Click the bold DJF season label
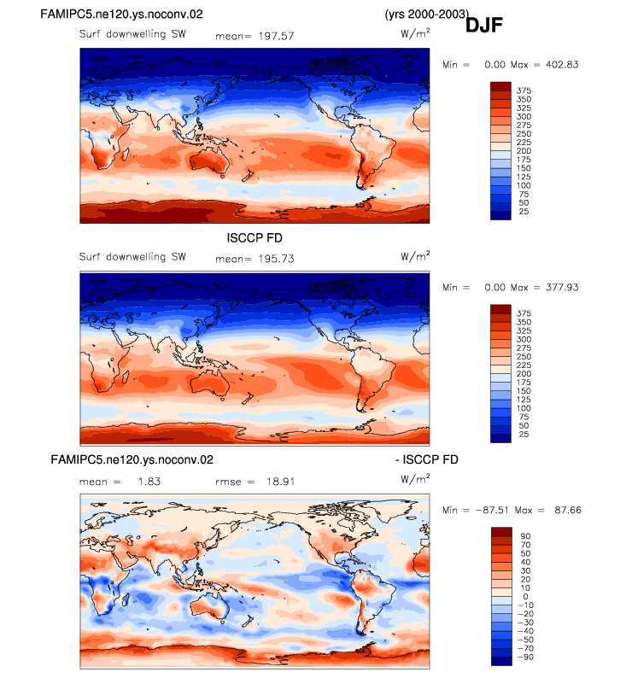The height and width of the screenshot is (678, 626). pyautogui.click(x=483, y=25)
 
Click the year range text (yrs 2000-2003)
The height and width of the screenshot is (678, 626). pyautogui.click(x=427, y=14)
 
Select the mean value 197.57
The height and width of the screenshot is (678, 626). pyautogui.click(x=276, y=36)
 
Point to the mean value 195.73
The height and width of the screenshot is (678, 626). pyautogui.click(x=276, y=259)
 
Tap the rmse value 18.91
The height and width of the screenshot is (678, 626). pyautogui.click(x=281, y=482)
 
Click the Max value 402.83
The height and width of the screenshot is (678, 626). pyautogui.click(x=562, y=64)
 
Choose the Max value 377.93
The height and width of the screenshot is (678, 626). pyautogui.click(x=562, y=287)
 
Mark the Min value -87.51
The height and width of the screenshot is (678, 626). pyautogui.click(x=492, y=511)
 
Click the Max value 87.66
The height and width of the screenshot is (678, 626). pyautogui.click(x=568, y=511)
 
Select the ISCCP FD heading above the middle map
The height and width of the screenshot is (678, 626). pyautogui.click(x=254, y=238)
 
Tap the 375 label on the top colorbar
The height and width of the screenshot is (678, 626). pyautogui.click(x=524, y=91)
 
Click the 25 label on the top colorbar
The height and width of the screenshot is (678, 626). pyautogui.click(x=524, y=212)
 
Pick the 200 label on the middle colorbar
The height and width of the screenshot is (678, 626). pyautogui.click(x=524, y=374)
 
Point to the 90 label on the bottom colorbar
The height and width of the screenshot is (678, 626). pyautogui.click(x=526, y=536)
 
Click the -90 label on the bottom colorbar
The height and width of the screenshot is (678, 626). pyautogui.click(x=526, y=657)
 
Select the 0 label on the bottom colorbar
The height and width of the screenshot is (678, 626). pyautogui.click(x=526, y=597)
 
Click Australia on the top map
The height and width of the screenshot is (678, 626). pyautogui.click(x=208, y=162)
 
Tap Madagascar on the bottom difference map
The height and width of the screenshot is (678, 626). pyautogui.click(x=126, y=599)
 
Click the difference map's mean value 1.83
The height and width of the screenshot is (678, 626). pyautogui.click(x=149, y=482)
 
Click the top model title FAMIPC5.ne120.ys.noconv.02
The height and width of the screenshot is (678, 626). pyautogui.click(x=121, y=14)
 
